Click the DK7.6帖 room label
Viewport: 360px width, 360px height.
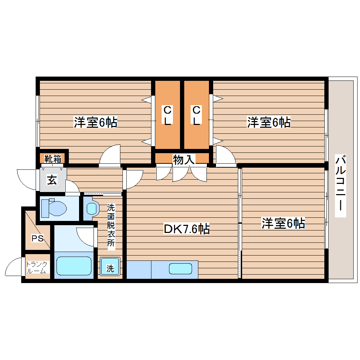(x=187, y=229)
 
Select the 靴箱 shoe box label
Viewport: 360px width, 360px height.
(x=53, y=159)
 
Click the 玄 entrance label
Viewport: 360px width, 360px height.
(x=52, y=180)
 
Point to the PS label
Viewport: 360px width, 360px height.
(x=37, y=239)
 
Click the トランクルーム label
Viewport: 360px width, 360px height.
(x=37, y=268)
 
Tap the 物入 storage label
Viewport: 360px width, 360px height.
(x=184, y=160)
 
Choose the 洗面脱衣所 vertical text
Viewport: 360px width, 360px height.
(x=111, y=227)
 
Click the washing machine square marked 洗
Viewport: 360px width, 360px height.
(x=110, y=269)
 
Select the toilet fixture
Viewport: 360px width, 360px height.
(x=53, y=208)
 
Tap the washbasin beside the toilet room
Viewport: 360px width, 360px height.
(x=91, y=208)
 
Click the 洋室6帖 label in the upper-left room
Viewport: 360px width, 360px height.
(x=95, y=122)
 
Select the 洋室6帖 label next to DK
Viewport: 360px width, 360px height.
(x=283, y=223)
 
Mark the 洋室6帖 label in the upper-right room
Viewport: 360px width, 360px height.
(x=269, y=122)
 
